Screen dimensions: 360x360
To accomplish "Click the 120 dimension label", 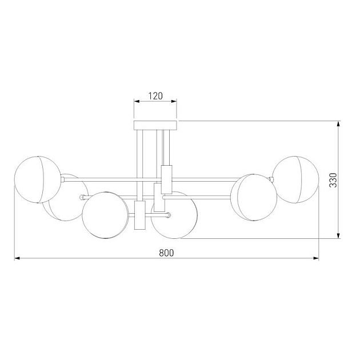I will tap(155, 96).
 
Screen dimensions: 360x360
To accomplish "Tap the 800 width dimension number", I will tap(166, 252).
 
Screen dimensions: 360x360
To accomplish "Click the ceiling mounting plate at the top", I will tap(155, 125).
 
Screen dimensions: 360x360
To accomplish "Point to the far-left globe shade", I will tap(37, 179).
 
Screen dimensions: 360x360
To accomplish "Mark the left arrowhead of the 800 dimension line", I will tap(17, 259).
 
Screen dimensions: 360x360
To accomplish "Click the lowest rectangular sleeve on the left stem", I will tap(138, 215).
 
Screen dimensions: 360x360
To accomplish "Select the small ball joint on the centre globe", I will tap(169, 215).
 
